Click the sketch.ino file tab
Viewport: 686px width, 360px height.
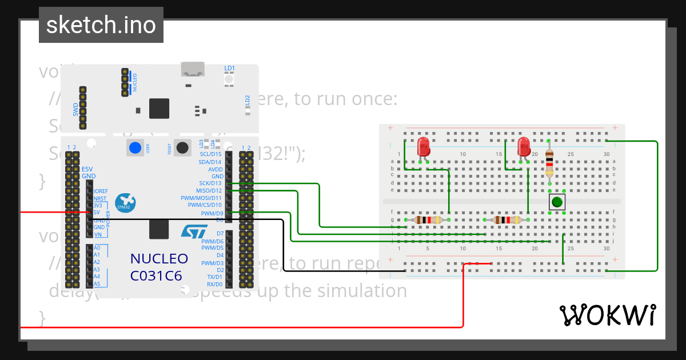click(101, 25)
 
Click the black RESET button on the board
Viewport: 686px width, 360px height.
click(182, 147)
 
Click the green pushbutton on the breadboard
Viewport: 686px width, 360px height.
click(557, 202)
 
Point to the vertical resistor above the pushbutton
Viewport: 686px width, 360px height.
click(549, 162)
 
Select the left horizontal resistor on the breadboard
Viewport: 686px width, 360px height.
click(428, 219)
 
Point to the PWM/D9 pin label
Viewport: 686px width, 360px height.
click(212, 214)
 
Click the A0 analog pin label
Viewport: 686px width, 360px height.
click(97, 248)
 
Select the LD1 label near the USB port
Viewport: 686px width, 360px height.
click(230, 68)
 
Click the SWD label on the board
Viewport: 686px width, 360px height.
click(75, 109)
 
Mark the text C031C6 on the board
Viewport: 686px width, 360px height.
click(156, 275)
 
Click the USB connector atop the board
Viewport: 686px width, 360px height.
click(193, 69)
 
